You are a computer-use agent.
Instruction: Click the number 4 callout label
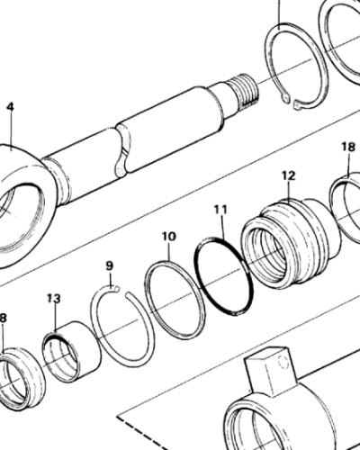click(x=10, y=106)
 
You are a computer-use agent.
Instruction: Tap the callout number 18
click(x=347, y=147)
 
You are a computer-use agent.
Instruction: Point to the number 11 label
click(x=220, y=211)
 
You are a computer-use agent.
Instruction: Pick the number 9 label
click(x=110, y=265)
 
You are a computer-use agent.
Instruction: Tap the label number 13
click(x=54, y=298)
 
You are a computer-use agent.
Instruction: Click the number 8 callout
click(x=3, y=318)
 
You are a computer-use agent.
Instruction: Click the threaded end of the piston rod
click(x=241, y=88)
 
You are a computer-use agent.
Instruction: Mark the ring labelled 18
click(x=346, y=200)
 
